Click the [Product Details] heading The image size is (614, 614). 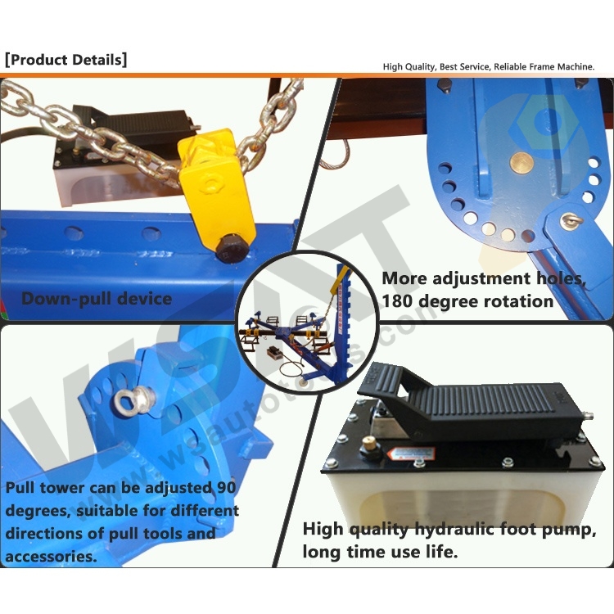66,60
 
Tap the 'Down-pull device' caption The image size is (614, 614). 97,298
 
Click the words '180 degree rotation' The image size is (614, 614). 467,300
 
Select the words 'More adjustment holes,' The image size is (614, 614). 484,278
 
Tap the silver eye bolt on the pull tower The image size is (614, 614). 128,400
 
